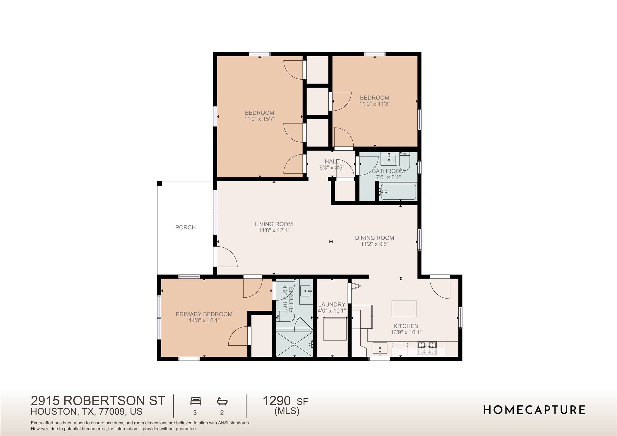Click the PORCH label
(185, 227)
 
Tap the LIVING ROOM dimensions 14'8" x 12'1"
(274, 231)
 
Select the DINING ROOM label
(374, 238)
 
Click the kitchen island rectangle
(404, 308)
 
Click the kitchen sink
(380, 348)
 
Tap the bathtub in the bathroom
(398, 192)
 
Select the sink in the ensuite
(306, 291)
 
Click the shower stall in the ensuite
(294, 344)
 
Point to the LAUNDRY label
(332, 304)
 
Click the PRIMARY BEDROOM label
(204, 314)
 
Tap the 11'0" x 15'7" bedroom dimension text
(260, 119)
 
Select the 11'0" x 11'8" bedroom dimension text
(375, 104)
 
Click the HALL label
(332, 162)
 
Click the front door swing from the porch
(226, 257)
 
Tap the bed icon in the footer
(196, 401)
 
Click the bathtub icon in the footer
(222, 401)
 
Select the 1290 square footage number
(277, 401)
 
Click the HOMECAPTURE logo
(534, 410)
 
